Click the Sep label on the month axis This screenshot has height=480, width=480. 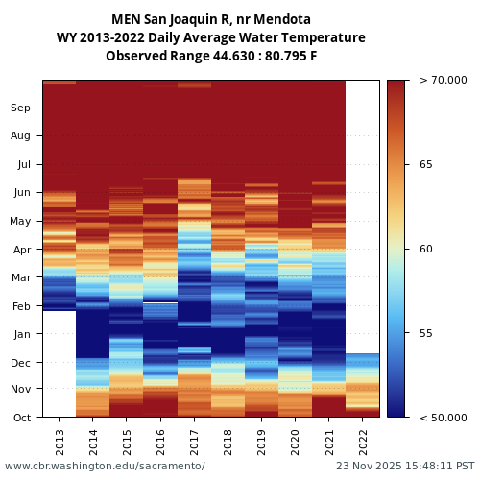[x=20, y=108]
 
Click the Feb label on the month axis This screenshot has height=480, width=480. [x=20, y=306]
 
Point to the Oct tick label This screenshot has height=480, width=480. [x=20, y=418]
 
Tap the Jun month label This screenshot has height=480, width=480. [x=20, y=193]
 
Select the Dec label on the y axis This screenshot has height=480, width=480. [x=20, y=363]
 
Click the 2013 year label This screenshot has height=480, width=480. [x=60, y=441]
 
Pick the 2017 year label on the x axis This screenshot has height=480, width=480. [x=194, y=441]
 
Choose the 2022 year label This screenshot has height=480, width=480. [x=362, y=441]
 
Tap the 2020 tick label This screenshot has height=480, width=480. [x=295, y=441]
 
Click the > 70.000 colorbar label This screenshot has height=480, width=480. [x=444, y=81]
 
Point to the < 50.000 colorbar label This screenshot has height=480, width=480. [x=444, y=418]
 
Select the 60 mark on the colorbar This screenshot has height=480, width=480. [x=425, y=250]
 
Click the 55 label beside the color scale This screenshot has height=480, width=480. [x=425, y=333]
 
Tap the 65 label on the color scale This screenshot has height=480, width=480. [x=425, y=165]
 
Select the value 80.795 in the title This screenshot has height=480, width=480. [x=277, y=56]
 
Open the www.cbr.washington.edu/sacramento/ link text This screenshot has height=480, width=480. [x=105, y=467]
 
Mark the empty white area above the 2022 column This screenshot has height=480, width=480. [x=362, y=211]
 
